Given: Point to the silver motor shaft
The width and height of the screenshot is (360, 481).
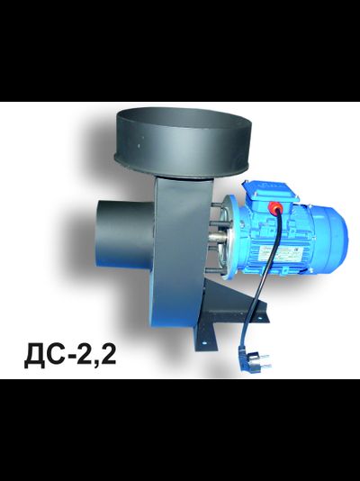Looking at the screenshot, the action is coord(218,238).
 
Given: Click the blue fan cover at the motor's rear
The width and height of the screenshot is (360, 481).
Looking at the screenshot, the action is coord(331,240).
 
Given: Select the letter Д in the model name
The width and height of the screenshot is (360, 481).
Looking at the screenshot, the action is coord(35,357).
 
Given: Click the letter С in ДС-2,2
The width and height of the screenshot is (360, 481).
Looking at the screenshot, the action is coord(56,356).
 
